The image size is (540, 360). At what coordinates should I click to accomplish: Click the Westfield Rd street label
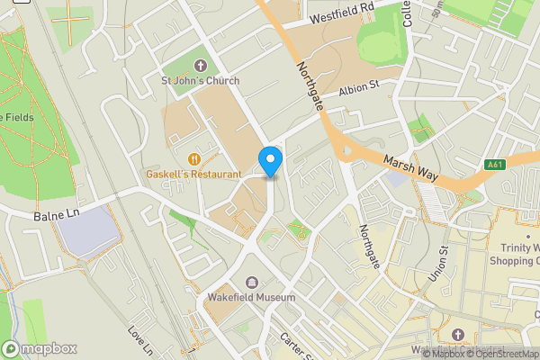(341, 12)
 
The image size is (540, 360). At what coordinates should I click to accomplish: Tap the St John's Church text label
(200, 81)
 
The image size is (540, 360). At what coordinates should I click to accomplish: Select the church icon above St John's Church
(200, 65)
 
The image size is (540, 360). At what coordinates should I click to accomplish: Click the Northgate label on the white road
(371, 246)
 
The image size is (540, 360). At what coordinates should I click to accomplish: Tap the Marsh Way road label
(409, 168)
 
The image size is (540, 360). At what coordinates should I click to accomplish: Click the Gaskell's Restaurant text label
(194, 174)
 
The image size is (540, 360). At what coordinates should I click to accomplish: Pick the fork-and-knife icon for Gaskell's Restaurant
(193, 158)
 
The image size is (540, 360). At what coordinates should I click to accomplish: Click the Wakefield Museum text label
(249, 297)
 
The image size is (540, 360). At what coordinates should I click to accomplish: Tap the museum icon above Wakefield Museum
(249, 282)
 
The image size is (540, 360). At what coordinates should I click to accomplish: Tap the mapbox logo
(40, 348)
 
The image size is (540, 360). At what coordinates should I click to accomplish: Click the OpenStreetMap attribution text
(502, 354)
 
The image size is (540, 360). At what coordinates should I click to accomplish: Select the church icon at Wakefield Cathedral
(455, 335)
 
